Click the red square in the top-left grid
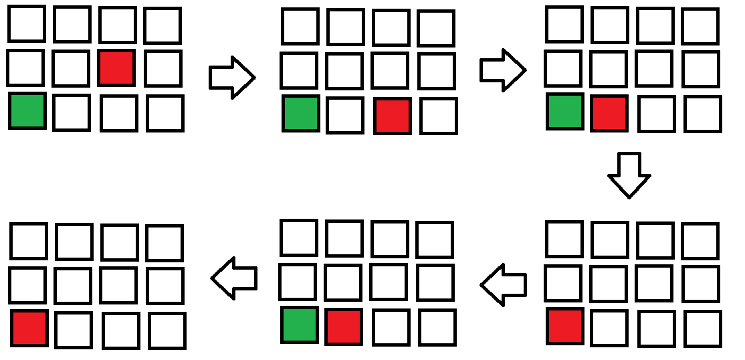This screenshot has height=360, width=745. [116, 68]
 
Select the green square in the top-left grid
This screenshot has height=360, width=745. [27, 111]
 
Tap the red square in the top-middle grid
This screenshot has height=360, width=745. [393, 115]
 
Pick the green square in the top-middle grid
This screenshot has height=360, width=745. [302, 114]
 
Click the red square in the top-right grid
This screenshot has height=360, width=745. [609, 113]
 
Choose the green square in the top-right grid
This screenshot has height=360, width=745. [565, 112]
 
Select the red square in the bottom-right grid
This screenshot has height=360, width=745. [565, 327]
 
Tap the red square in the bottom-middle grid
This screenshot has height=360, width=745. [344, 327]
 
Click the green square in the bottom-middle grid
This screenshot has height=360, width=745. [300, 325]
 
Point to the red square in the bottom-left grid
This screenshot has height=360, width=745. [29, 329]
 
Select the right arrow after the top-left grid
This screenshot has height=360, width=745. [231, 78]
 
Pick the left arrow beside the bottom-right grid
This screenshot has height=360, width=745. [503, 285]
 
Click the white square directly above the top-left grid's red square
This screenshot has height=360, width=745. [118, 25]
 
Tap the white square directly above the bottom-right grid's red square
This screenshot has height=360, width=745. [564, 283]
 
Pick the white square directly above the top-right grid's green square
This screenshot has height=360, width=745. [564, 69]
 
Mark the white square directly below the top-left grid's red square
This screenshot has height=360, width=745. [118, 113]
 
